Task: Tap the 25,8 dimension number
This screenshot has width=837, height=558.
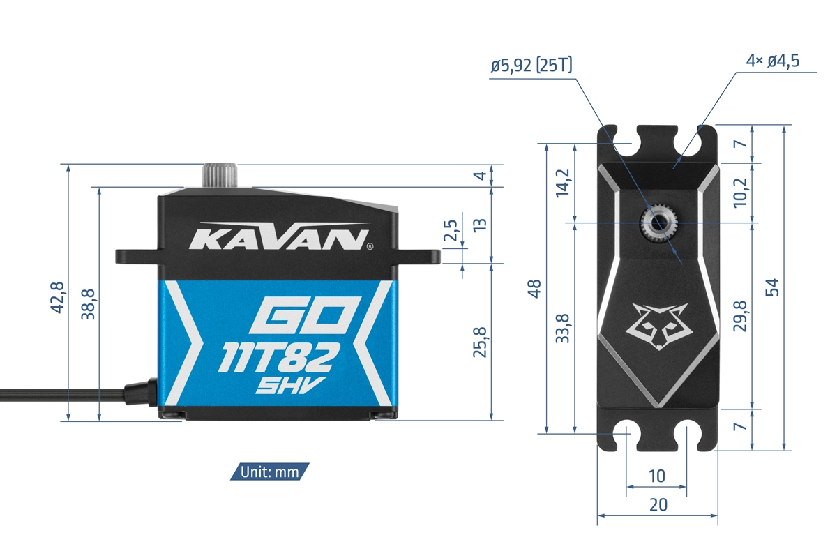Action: pyautogui.click(x=480, y=342)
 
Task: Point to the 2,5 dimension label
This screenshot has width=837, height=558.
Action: pyautogui.click(x=451, y=231)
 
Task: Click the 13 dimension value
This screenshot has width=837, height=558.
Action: pyautogui.click(x=480, y=225)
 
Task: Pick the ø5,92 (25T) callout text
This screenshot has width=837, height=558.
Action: pyautogui.click(x=531, y=66)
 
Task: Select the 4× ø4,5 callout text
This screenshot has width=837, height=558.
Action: pyautogui.click(x=772, y=61)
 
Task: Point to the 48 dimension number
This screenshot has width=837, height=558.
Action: pyautogui.click(x=534, y=289)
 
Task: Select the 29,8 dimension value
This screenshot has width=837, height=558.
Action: pyautogui.click(x=741, y=316)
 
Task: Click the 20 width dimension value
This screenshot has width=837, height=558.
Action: pyautogui.click(x=658, y=505)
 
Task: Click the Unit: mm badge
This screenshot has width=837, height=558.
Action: pyautogui.click(x=269, y=472)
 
